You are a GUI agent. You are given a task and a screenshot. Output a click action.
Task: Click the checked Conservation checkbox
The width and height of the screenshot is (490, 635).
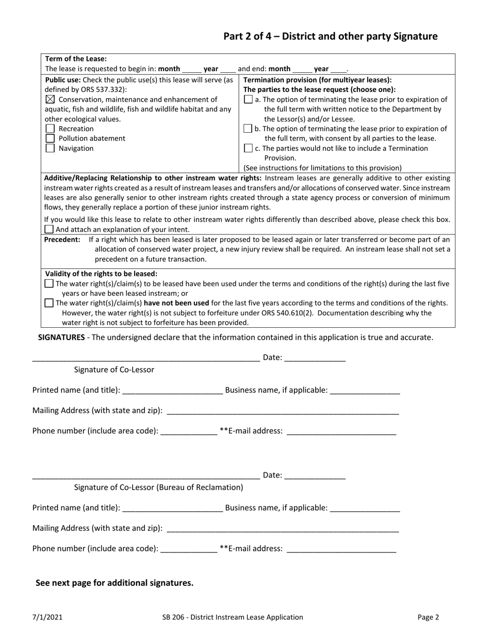point(50,99)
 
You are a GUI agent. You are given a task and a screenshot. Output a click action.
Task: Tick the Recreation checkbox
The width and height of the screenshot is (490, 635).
point(50,129)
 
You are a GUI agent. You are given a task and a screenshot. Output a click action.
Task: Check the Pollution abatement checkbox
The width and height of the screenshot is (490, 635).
point(50,138)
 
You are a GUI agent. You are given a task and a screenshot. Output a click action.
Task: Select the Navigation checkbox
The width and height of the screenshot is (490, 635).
point(50,148)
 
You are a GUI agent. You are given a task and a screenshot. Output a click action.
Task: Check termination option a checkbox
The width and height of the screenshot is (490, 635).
point(248,99)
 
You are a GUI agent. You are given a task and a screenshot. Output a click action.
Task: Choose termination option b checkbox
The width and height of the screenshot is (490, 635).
point(248,129)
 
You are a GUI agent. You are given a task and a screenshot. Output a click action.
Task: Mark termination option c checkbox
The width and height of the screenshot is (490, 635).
point(248,148)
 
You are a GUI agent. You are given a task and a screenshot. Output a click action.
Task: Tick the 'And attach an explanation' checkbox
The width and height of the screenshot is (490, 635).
point(49,229)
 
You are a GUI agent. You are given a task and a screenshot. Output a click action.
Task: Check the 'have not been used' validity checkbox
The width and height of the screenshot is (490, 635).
point(49,303)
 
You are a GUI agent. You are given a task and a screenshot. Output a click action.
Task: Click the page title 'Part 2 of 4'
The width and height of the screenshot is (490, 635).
point(330,36)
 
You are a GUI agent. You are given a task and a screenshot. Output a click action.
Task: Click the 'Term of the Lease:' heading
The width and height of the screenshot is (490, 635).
point(76,59)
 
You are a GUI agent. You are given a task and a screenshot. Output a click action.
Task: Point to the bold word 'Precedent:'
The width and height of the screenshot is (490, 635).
point(62,240)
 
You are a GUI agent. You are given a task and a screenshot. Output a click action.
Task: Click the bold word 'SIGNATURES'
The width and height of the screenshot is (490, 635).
point(61,338)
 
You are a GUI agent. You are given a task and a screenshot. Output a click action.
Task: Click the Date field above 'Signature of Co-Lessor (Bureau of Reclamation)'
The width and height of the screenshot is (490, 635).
point(315,475)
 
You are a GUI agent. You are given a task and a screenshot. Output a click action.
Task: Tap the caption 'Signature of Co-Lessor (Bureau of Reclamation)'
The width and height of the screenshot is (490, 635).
point(158,487)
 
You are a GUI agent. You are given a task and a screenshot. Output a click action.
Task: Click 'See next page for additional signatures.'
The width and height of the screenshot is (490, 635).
point(115,583)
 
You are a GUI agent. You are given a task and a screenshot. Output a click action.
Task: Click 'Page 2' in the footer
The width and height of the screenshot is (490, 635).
point(428,617)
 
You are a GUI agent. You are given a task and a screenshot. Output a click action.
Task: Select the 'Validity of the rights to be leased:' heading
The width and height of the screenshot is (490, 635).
point(101,274)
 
